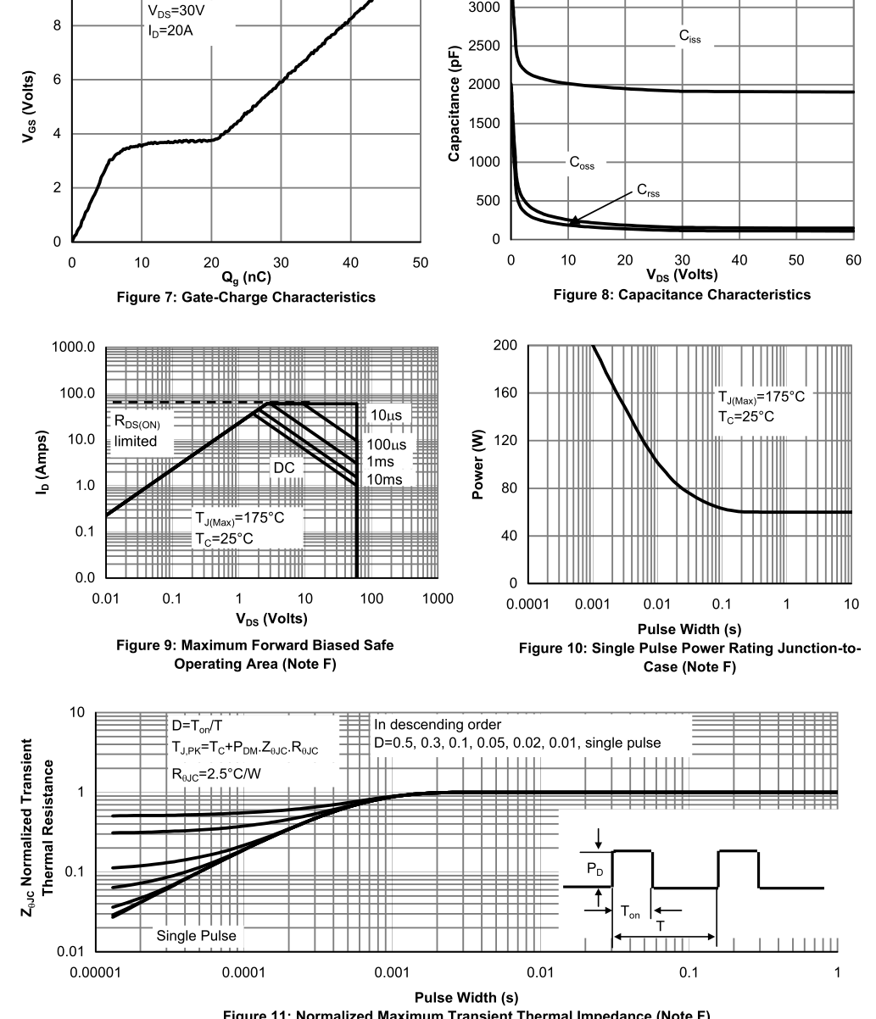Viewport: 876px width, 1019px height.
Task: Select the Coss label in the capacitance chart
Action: pyautogui.click(x=583, y=164)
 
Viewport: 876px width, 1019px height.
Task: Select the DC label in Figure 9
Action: pyautogui.click(x=282, y=467)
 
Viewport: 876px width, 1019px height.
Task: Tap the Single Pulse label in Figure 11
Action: pyautogui.click(x=196, y=936)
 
